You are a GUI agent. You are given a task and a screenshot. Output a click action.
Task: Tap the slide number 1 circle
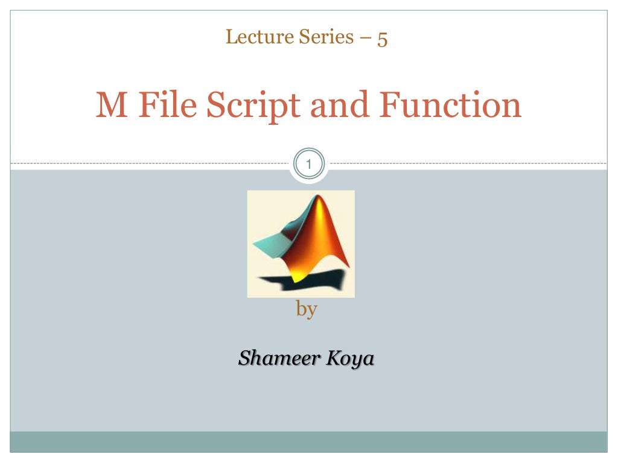point(308,163)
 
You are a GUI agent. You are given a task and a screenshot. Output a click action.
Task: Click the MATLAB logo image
point(301,244)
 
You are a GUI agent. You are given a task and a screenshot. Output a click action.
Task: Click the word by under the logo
point(307,310)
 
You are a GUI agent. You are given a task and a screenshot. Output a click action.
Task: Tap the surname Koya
point(350,359)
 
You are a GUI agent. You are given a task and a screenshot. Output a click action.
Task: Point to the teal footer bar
point(308,441)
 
